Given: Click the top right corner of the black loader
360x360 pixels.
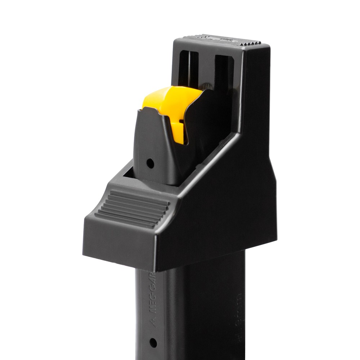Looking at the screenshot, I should click(x=269, y=45).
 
